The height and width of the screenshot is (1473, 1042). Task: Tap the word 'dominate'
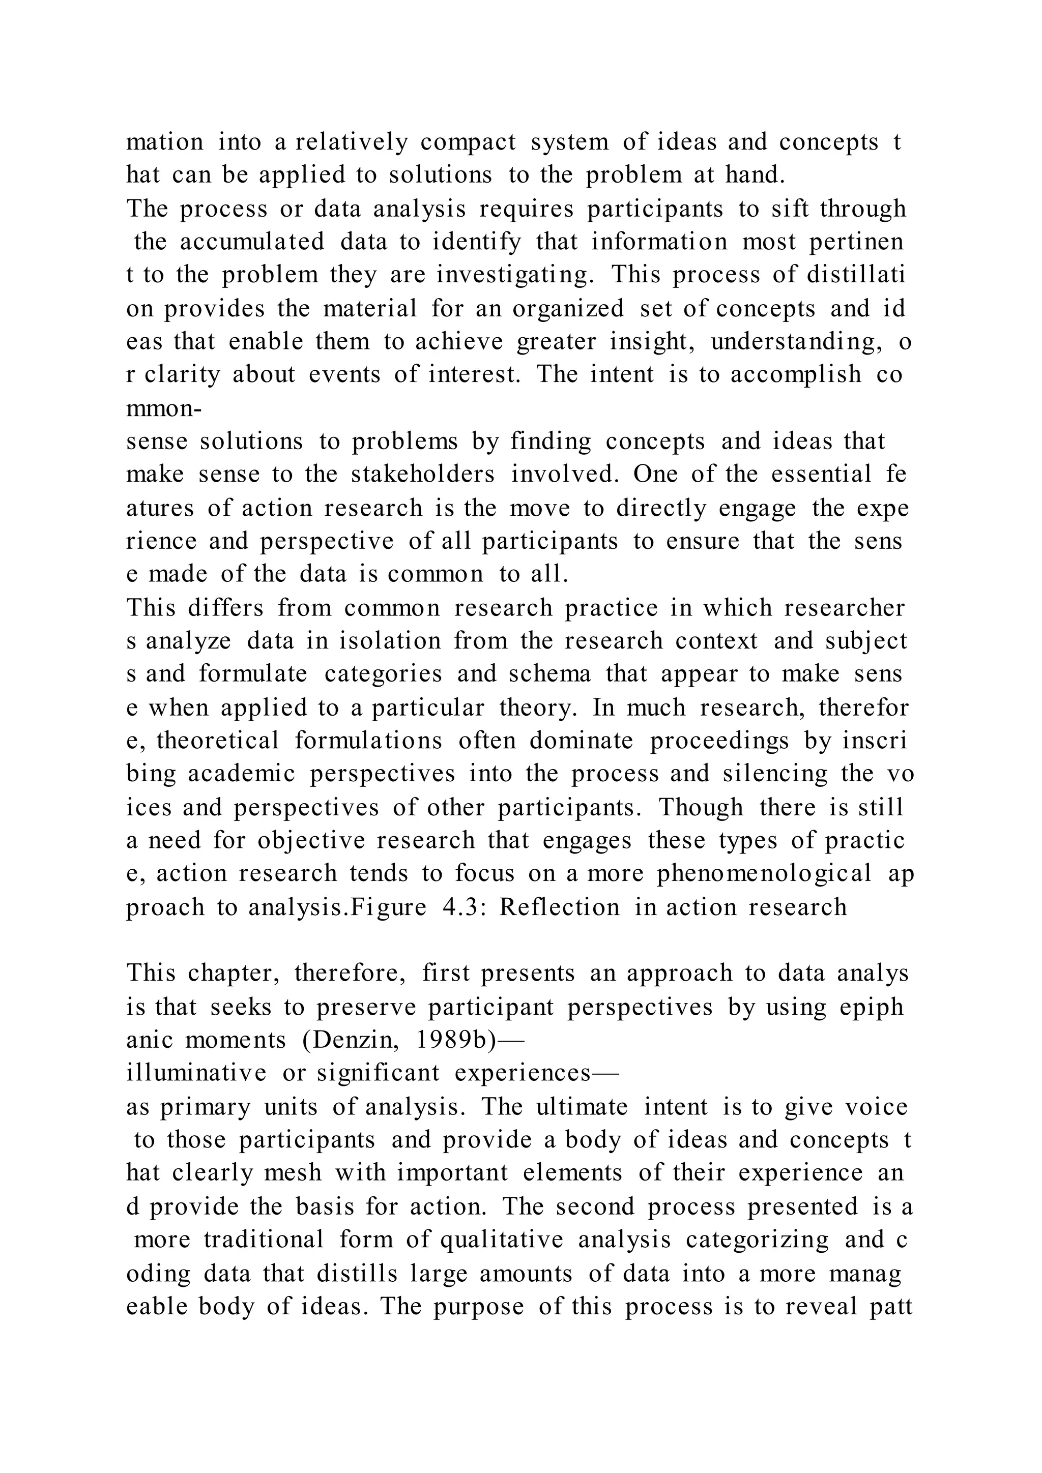(582, 741)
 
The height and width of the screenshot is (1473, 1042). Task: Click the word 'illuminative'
(196, 1073)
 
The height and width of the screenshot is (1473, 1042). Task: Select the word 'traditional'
(264, 1239)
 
